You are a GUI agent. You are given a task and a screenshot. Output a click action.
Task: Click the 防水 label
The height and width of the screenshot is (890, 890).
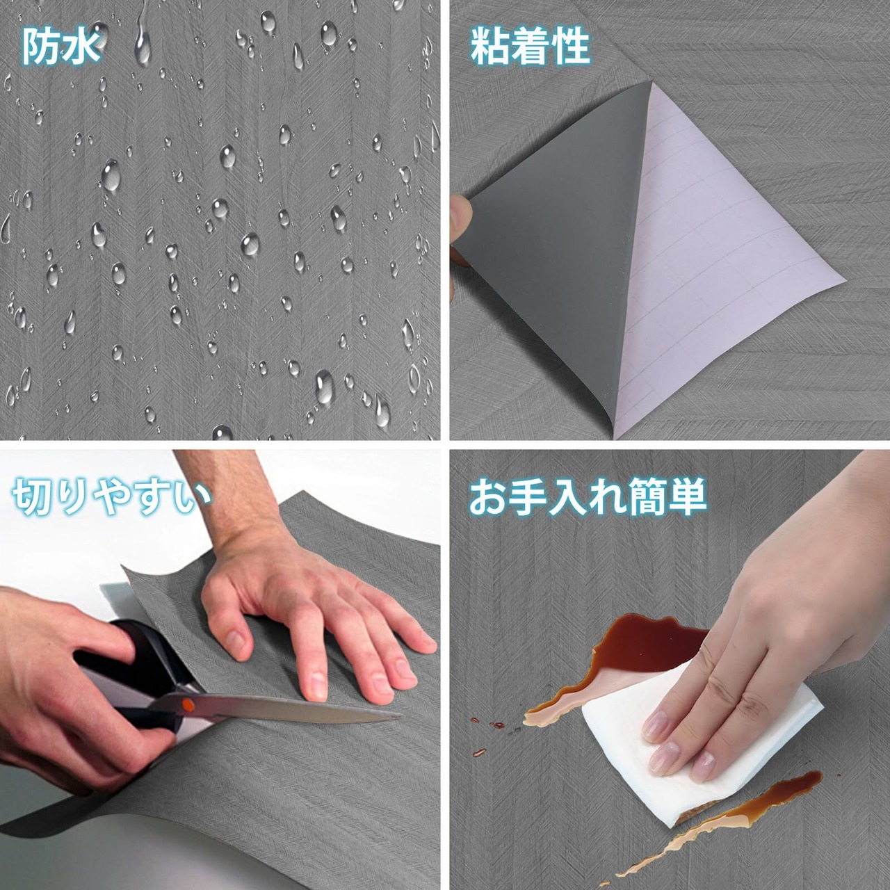[61, 46]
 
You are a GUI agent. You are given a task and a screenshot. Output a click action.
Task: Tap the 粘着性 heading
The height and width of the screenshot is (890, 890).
[530, 47]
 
